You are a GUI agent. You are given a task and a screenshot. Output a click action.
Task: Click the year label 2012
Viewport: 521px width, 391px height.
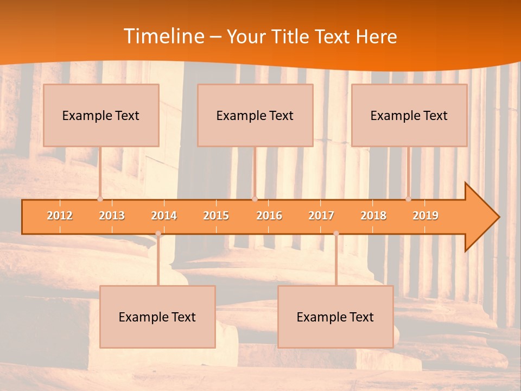coord(60,216)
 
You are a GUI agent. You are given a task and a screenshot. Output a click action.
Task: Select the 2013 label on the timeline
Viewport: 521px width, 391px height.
coord(112,216)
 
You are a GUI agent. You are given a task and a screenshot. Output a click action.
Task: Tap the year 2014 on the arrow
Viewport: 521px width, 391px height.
coord(164,216)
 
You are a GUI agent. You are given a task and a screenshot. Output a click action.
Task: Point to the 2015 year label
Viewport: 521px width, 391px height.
coord(216,216)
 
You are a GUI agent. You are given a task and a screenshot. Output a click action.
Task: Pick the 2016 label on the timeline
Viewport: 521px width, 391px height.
coord(269,216)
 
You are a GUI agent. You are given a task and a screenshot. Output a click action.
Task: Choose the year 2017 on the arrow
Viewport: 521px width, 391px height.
coord(321,216)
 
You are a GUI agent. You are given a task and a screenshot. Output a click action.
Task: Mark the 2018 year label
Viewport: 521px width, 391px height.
coord(373,216)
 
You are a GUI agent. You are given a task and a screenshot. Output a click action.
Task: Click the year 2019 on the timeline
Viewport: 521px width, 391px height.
coord(425,216)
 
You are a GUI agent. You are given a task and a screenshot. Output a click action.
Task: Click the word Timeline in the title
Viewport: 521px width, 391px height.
coord(163,36)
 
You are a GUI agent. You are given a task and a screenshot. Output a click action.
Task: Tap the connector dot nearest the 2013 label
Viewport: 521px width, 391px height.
coord(100,199)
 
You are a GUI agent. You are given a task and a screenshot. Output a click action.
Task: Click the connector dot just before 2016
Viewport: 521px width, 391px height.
coord(255,199)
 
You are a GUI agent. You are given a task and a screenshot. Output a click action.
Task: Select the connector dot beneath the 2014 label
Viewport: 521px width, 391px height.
coord(158,234)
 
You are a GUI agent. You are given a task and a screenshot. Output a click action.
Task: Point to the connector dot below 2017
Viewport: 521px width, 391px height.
coord(336,234)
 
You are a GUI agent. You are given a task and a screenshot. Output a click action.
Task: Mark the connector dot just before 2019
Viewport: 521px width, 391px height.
coord(408,199)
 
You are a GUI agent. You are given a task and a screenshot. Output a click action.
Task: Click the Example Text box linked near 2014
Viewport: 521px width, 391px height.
coord(157,317)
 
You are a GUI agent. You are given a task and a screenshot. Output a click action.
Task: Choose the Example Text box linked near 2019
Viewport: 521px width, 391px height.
coord(409,115)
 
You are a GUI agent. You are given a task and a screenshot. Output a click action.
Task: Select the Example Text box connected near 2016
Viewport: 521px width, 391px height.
coord(255,115)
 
